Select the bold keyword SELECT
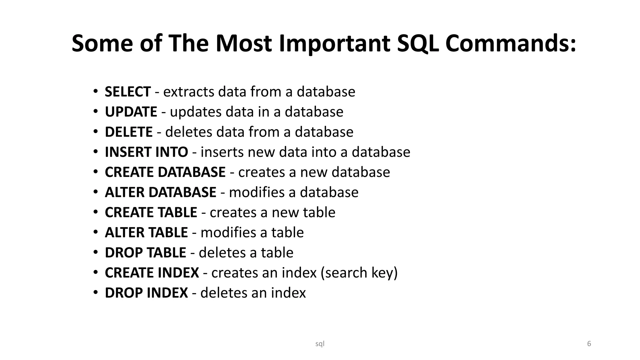click(x=128, y=92)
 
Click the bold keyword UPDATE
click(x=131, y=112)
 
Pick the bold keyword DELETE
click(x=129, y=132)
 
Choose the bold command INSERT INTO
click(x=146, y=152)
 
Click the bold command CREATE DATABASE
click(x=165, y=172)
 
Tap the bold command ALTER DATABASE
click(x=160, y=192)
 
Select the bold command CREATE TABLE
click(x=151, y=212)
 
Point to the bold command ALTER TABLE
click(x=146, y=232)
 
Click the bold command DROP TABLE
click(x=145, y=252)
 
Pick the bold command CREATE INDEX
click(x=152, y=273)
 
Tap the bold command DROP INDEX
click(x=146, y=293)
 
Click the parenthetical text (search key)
click(x=359, y=273)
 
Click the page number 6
click(x=589, y=344)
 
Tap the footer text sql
click(x=320, y=344)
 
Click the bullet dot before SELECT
click(x=96, y=91)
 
